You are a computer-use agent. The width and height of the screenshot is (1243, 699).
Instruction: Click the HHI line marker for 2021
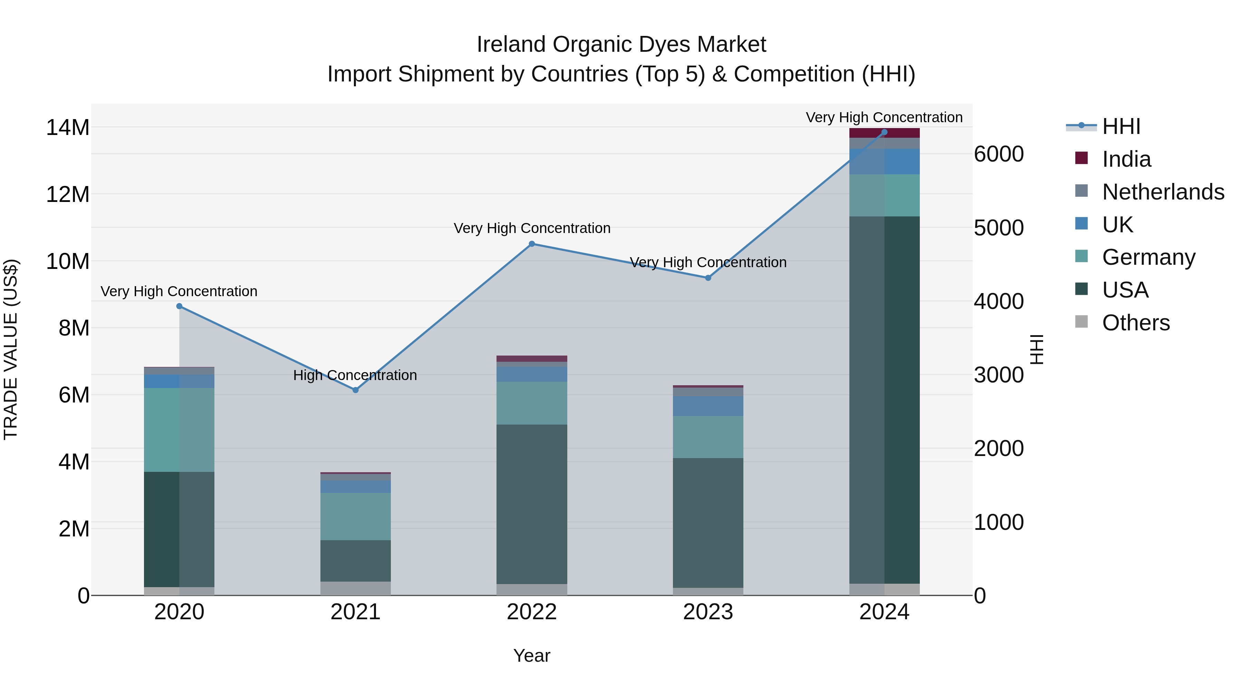(356, 390)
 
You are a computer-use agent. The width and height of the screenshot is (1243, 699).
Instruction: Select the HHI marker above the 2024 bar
(884, 132)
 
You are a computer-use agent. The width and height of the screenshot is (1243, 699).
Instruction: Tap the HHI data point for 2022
(532, 244)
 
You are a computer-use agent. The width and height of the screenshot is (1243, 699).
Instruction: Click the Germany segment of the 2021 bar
(356, 516)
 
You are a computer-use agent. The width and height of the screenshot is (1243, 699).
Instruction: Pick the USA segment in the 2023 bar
(708, 523)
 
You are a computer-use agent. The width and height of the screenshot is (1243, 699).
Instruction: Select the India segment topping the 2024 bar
(884, 133)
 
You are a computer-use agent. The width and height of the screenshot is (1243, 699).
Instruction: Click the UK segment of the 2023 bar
(708, 406)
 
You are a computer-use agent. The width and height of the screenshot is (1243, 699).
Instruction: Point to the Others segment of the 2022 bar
(532, 590)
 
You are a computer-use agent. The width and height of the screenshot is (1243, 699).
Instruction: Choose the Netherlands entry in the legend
(1163, 192)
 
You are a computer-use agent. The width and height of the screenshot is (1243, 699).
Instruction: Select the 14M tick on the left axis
(68, 128)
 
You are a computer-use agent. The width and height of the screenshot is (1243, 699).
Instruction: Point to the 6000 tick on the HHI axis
(998, 154)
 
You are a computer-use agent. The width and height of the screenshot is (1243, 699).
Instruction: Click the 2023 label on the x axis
(708, 612)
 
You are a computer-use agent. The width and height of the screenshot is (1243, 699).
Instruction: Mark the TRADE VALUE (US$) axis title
(11, 349)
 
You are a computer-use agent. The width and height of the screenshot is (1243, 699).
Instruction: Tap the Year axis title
(531, 656)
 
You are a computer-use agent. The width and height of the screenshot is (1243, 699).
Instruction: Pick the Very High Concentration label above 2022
(532, 228)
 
